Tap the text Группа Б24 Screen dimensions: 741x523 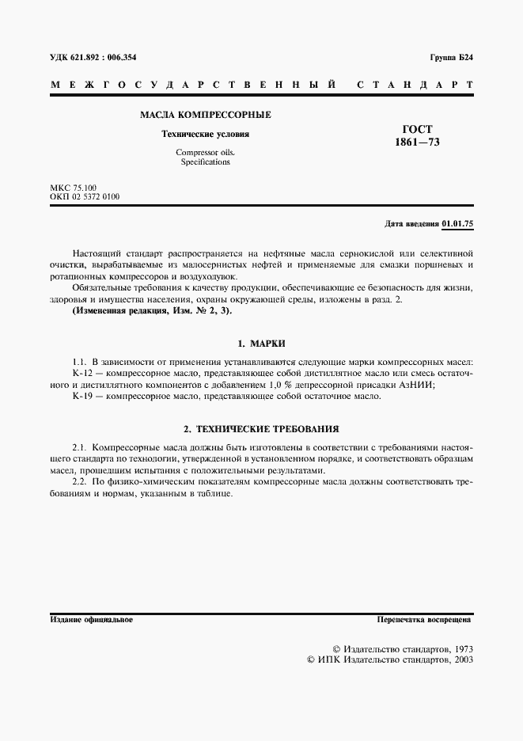[x=452, y=58]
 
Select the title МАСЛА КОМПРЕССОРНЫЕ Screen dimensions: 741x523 [x=205, y=115]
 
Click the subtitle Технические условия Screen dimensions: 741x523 [x=205, y=134]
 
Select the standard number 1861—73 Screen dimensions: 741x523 [x=417, y=142]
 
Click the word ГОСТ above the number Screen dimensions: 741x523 [x=417, y=129]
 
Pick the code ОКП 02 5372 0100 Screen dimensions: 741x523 [x=85, y=196]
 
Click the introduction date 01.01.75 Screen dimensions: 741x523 [x=457, y=224]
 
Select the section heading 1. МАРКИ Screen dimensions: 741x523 [x=261, y=344]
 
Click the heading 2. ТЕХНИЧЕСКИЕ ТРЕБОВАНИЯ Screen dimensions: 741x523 [x=261, y=429]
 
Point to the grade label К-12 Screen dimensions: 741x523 [x=83, y=373]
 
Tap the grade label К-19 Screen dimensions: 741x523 [x=83, y=396]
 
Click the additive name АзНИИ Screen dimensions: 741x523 [x=417, y=384]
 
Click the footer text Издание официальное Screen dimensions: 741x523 [x=91, y=619]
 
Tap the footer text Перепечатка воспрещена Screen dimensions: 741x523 [x=425, y=619]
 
